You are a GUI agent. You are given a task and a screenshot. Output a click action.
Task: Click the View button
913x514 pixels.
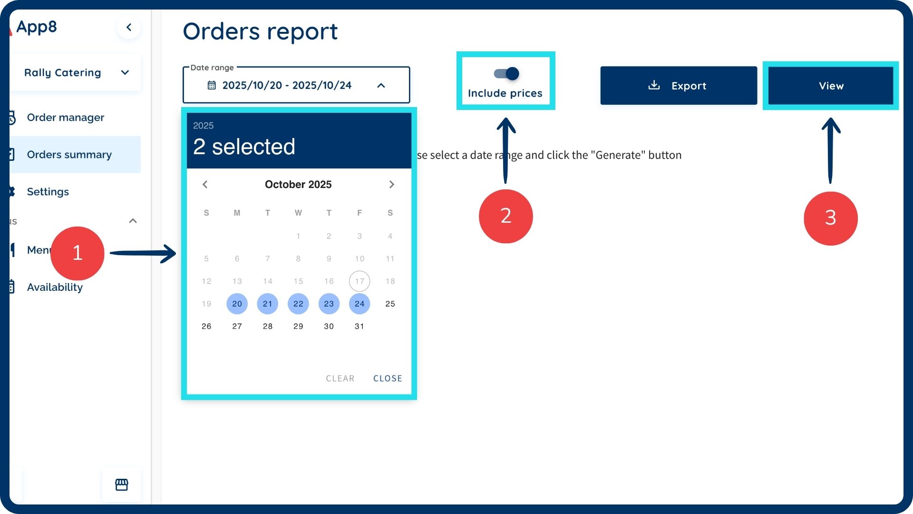tap(830, 86)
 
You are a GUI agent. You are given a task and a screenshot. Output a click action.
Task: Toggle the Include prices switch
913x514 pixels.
tap(506, 74)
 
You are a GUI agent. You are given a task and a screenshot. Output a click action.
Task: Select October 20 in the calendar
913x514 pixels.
tap(237, 304)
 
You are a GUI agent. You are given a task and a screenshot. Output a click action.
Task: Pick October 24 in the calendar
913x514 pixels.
tap(359, 304)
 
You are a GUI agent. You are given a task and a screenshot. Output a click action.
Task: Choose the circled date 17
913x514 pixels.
tap(359, 281)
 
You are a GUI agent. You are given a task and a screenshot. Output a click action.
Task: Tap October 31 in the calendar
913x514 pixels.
tap(359, 326)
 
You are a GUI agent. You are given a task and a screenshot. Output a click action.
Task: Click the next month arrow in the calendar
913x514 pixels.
tap(391, 185)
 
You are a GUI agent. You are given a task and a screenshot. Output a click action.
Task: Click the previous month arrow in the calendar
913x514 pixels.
tap(205, 185)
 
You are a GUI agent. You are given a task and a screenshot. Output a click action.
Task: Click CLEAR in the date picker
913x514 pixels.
tap(340, 378)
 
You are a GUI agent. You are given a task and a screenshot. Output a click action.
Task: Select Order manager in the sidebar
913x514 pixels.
tap(65, 118)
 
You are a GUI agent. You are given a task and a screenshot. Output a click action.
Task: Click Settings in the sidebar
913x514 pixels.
tap(48, 192)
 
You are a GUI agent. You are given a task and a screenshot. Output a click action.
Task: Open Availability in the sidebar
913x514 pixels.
tap(55, 287)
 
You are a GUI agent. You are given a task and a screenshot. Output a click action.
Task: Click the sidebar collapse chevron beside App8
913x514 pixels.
tap(128, 27)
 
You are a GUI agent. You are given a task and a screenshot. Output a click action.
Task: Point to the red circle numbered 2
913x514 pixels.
tap(505, 216)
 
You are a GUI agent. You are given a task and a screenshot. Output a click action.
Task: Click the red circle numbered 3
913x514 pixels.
tap(830, 218)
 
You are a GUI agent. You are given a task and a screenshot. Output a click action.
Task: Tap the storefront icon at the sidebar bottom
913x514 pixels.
tap(122, 484)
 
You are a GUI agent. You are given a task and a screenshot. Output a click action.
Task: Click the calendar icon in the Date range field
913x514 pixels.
tap(212, 85)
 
